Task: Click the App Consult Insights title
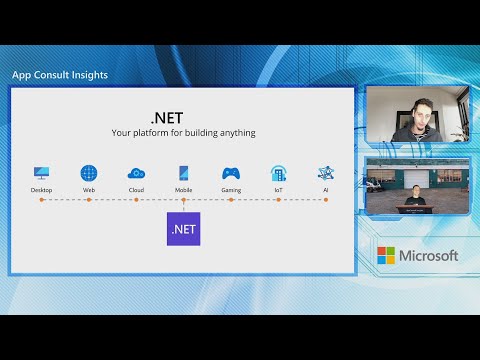click(x=60, y=74)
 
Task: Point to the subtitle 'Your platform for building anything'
click(x=183, y=132)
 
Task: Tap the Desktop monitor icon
click(x=41, y=173)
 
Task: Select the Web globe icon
click(x=89, y=173)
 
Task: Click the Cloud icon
click(x=136, y=173)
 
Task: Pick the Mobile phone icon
click(x=183, y=173)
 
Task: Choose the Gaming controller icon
click(x=231, y=173)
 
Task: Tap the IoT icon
click(x=278, y=173)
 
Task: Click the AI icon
click(x=325, y=173)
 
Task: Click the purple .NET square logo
click(x=183, y=229)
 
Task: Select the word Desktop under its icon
click(x=41, y=189)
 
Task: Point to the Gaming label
click(x=231, y=189)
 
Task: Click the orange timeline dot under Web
click(x=89, y=200)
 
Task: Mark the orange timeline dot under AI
click(x=325, y=200)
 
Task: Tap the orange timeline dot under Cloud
click(x=136, y=200)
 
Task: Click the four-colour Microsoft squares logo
click(x=386, y=256)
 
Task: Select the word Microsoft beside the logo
click(x=429, y=256)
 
